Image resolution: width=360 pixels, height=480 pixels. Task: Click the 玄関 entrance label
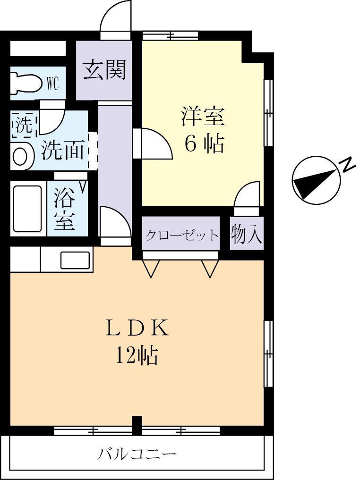(104, 70)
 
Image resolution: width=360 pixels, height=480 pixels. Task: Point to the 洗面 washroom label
(64, 151)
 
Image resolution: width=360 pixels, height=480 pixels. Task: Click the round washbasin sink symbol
(21, 157)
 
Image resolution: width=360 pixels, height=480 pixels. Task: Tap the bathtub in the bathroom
(27, 209)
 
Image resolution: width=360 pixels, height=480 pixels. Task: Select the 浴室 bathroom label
(65, 209)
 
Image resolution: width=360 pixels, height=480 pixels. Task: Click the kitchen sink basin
(75, 260)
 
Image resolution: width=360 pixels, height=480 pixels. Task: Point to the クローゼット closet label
(181, 235)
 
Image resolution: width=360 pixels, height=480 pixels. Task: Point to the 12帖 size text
(137, 355)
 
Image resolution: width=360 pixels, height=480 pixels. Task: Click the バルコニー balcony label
(137, 455)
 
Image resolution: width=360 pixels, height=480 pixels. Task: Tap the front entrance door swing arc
(115, 17)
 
